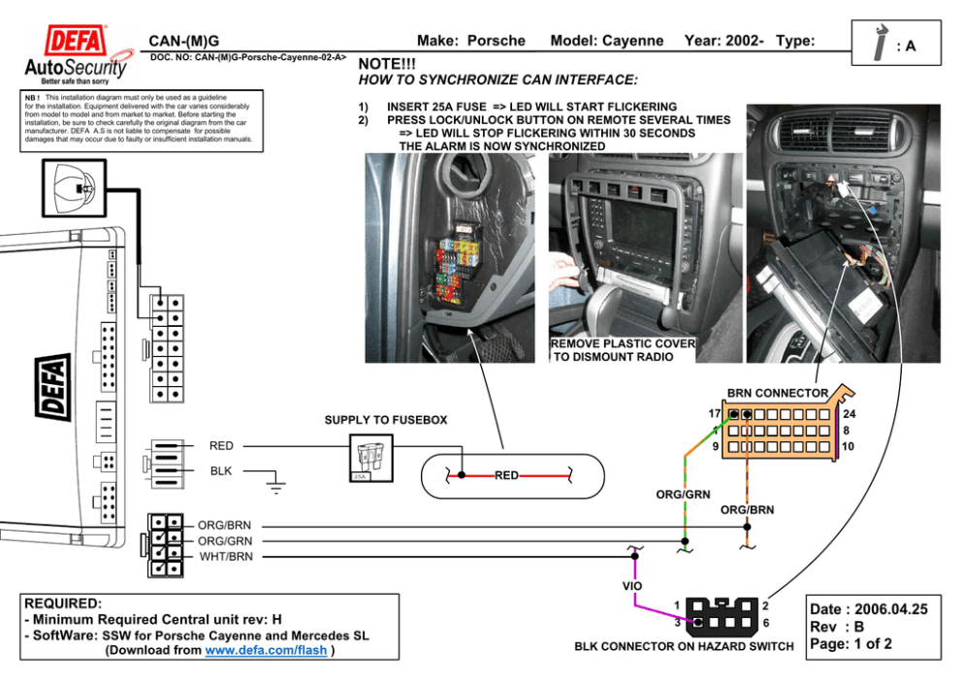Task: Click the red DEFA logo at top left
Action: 77,43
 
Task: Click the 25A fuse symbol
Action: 369,457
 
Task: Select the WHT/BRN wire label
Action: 226,557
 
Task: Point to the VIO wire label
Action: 631,586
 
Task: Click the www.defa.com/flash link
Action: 266,650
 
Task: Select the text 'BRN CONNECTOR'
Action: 777,393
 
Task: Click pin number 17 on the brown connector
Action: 714,414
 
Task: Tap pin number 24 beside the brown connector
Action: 850,414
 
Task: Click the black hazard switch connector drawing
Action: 722,613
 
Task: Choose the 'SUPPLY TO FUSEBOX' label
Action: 386,420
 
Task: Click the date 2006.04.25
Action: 890,609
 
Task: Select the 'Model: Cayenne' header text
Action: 606,41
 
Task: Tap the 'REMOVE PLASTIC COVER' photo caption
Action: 623,343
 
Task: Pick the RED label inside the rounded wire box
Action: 506,475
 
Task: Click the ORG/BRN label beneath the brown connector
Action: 747,509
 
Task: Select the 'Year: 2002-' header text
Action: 723,41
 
